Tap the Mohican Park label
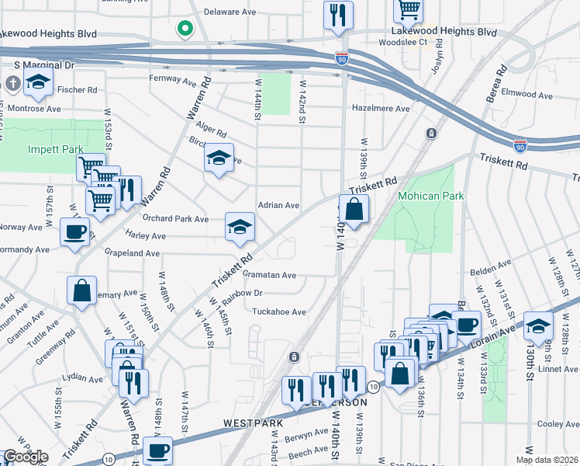(x=430, y=196)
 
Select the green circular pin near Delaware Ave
(x=185, y=30)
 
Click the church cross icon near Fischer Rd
(x=12, y=82)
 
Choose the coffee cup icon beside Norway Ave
(x=74, y=231)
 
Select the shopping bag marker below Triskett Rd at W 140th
(x=354, y=209)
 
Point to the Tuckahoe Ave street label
(x=279, y=311)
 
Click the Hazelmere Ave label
(x=381, y=109)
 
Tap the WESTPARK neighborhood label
(x=250, y=424)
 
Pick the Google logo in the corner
(x=25, y=457)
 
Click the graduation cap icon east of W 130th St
(x=538, y=326)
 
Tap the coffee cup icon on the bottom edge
(x=159, y=450)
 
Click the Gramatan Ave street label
(x=270, y=275)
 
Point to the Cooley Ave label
(x=558, y=424)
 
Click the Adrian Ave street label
(x=278, y=205)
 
